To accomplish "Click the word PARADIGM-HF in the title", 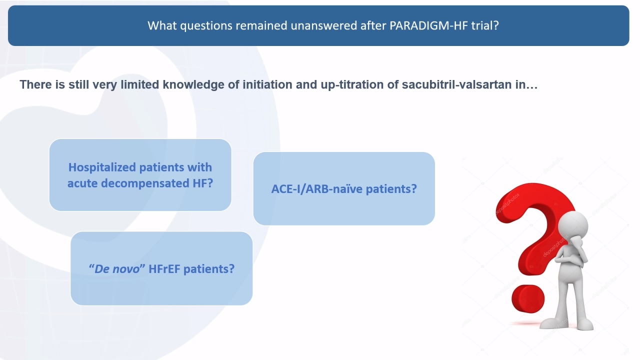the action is pyautogui.click(x=428, y=25).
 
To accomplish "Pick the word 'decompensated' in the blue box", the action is pyautogui.click(x=145, y=183).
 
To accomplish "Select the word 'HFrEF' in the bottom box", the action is pyautogui.click(x=164, y=269).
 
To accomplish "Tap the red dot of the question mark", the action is pyautogui.click(x=528, y=299).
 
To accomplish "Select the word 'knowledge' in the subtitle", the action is pyautogui.click(x=193, y=85).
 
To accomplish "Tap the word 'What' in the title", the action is pyautogui.click(x=162, y=25).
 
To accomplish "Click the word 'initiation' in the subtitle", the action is pyautogui.click(x=267, y=84).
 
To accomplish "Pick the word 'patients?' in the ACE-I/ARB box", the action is pyautogui.click(x=391, y=189).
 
